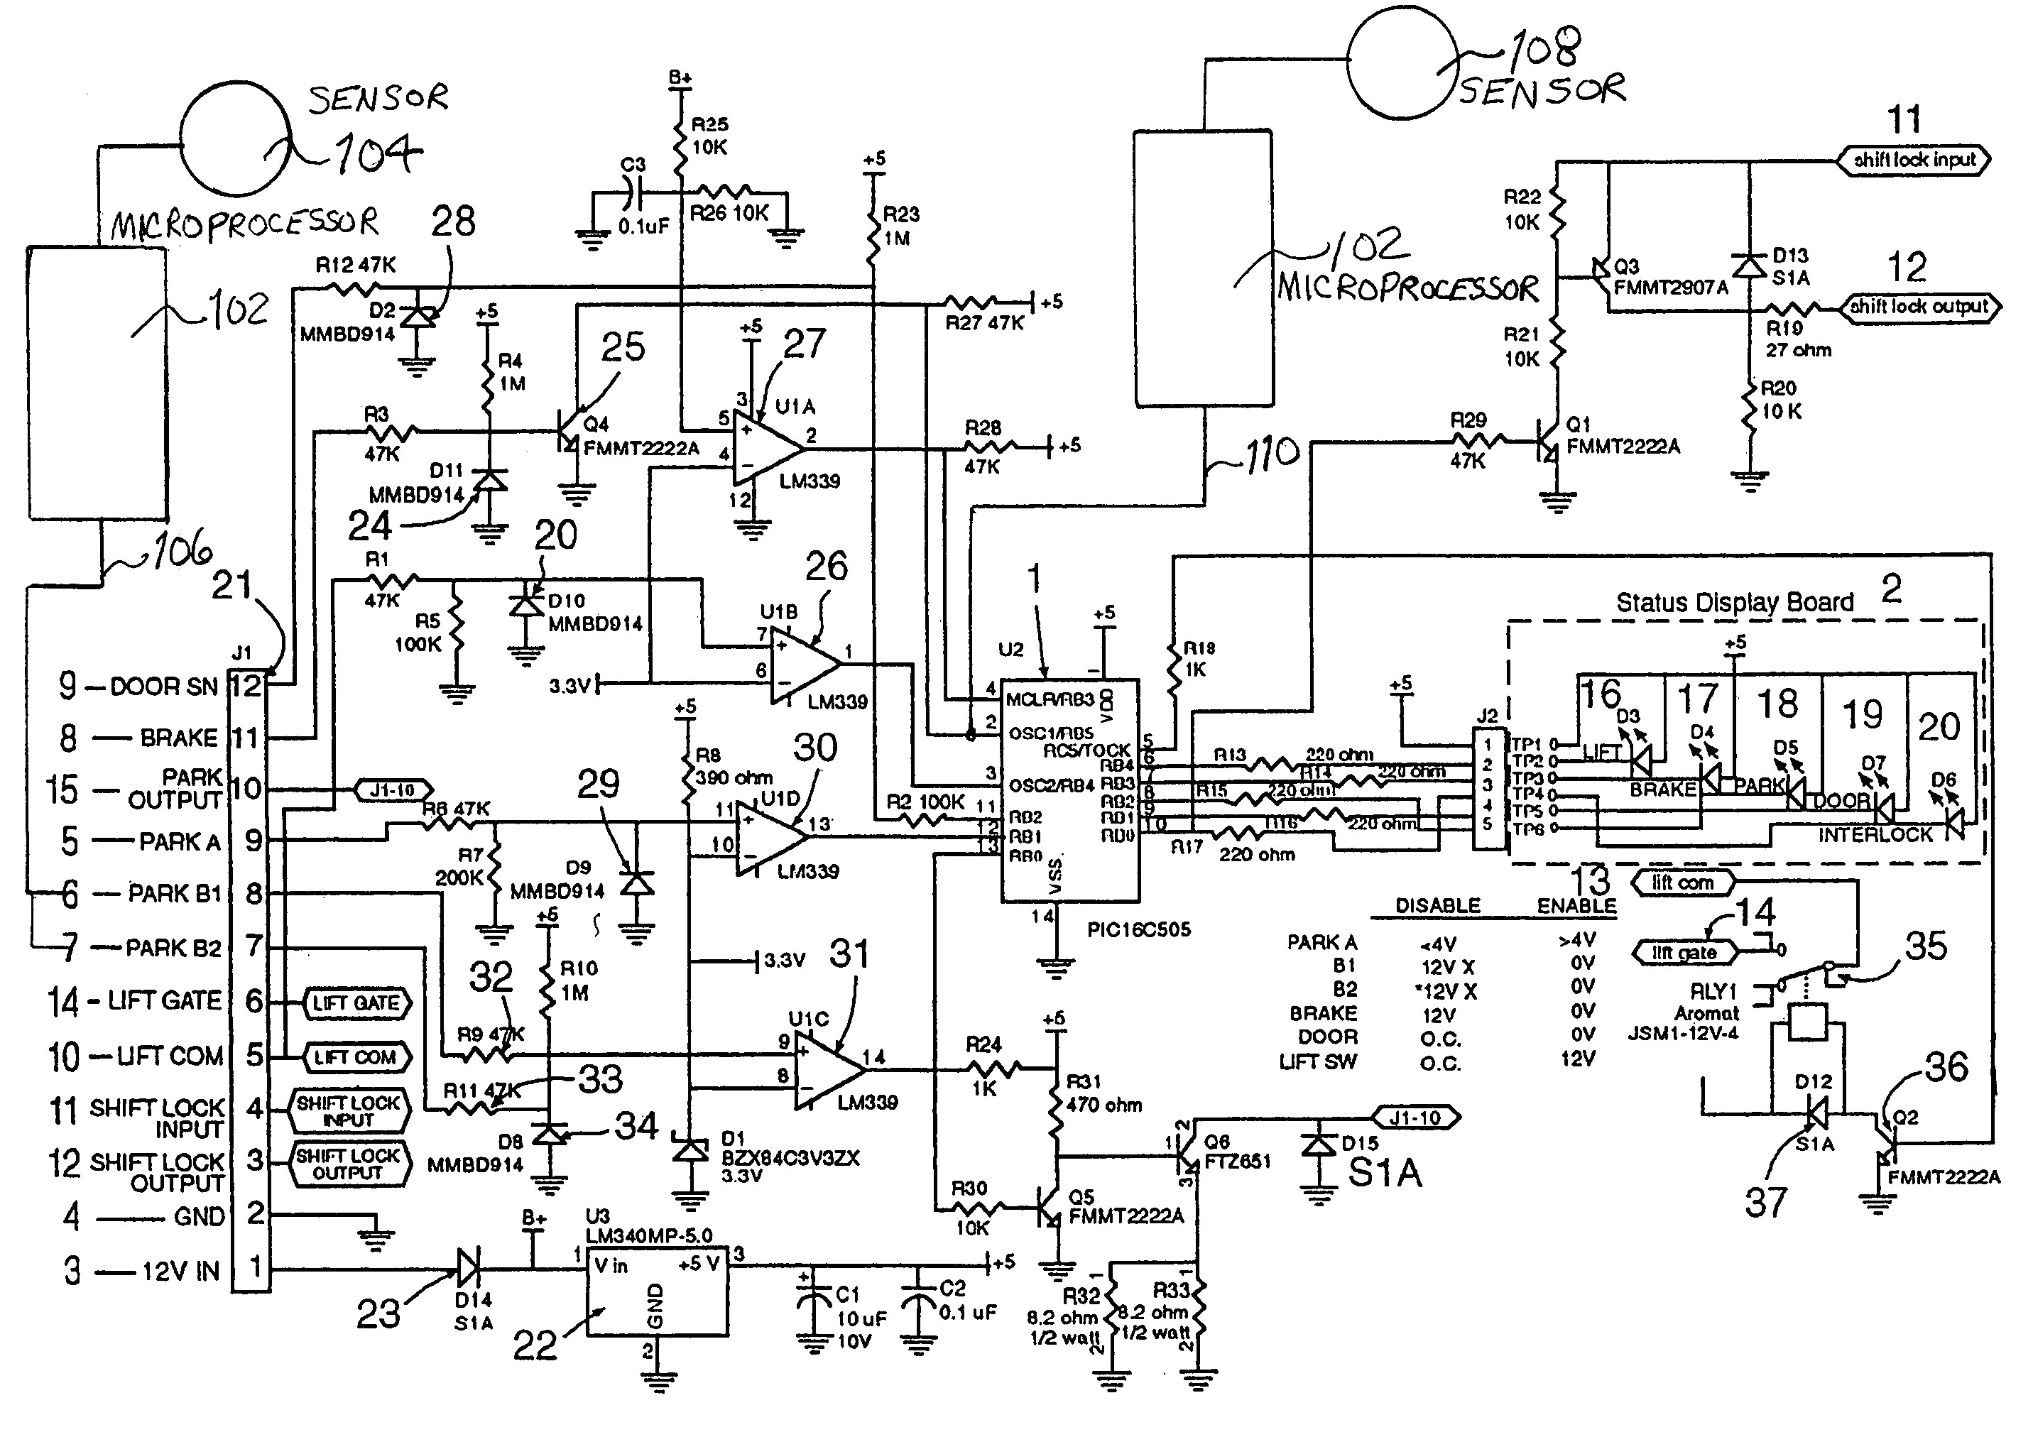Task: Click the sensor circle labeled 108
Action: coord(1402,61)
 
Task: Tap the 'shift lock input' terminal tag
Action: coord(1914,160)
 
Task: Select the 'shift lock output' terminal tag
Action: coord(1919,307)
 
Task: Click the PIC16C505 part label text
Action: coord(1139,929)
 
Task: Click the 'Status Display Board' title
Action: coord(1734,603)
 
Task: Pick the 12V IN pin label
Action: coord(180,1272)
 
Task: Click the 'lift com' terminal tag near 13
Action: coord(1682,883)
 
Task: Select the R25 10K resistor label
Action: coord(710,136)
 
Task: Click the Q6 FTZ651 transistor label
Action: coord(1237,1151)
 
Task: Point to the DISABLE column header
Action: coord(1437,906)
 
